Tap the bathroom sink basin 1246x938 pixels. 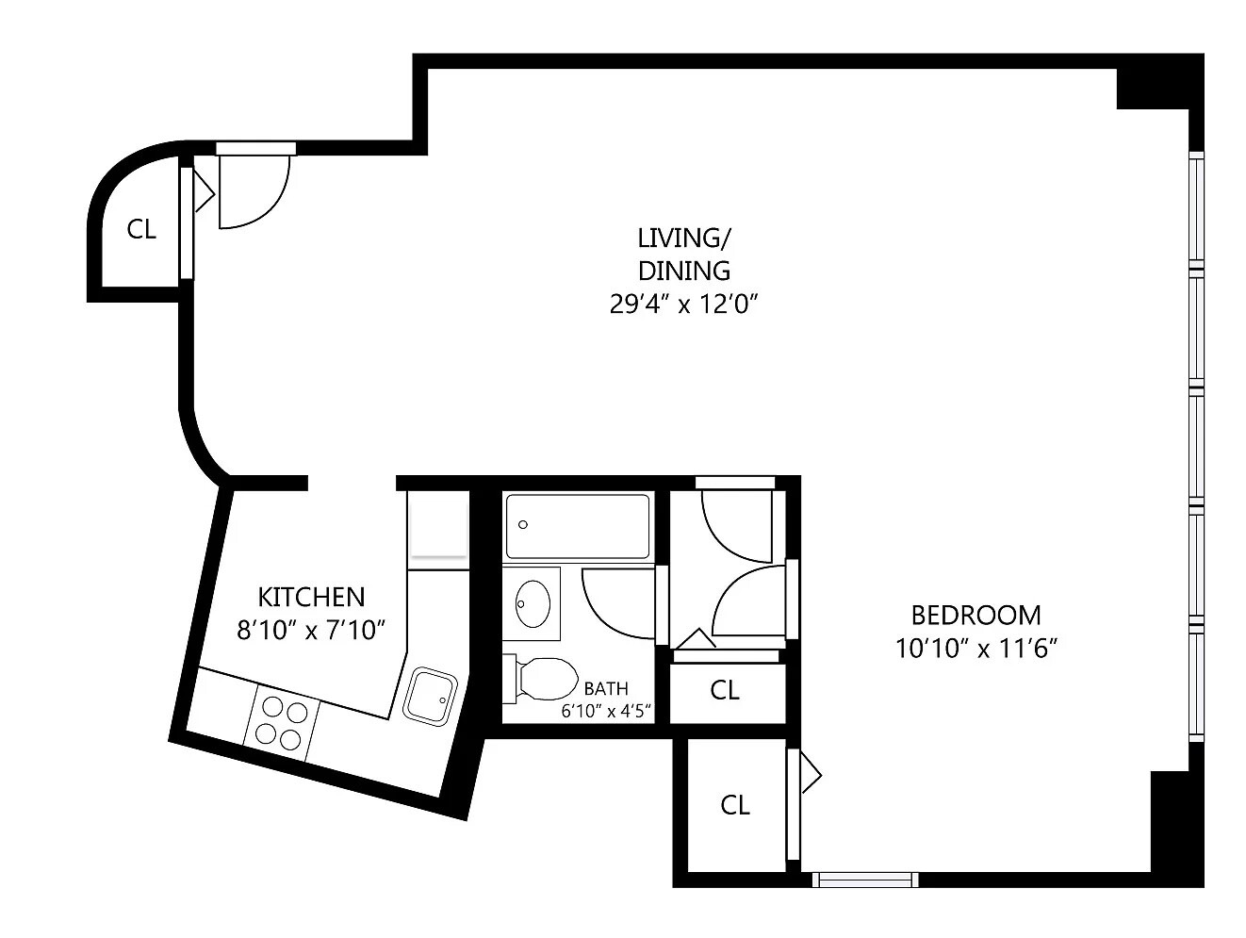point(533,603)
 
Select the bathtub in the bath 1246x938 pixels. point(578,526)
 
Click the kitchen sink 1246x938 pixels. point(430,698)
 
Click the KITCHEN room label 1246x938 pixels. point(311,597)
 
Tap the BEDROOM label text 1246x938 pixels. point(975,615)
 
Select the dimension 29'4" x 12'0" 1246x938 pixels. point(684,304)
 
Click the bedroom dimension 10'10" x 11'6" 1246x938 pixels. point(976,648)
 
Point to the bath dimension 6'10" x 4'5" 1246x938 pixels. point(606,712)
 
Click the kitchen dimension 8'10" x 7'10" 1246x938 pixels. point(311,631)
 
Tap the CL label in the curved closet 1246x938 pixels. point(141,229)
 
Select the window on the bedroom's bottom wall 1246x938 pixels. point(865,880)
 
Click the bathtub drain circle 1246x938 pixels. point(523,525)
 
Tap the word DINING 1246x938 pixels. point(684,271)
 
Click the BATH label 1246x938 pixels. point(606,689)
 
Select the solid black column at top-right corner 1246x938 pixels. point(1160,89)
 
